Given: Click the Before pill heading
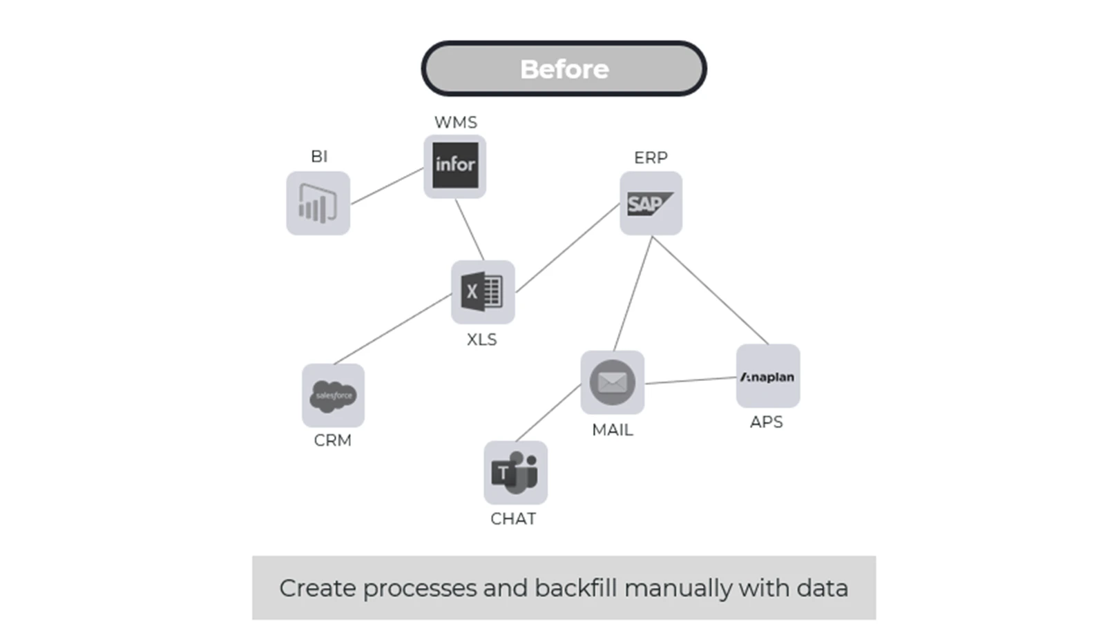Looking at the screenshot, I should click(564, 69).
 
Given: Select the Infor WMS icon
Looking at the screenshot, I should click(455, 166).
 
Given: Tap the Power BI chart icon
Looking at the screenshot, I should click(318, 203).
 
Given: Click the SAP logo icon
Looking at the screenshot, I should click(651, 204).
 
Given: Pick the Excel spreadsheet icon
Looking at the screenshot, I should click(482, 292).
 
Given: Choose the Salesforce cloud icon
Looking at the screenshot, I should click(333, 395).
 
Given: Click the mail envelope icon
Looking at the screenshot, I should click(612, 382).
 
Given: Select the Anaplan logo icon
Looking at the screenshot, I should click(767, 377).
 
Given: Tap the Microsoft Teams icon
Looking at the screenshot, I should click(515, 473).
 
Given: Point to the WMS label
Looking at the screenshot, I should click(455, 122).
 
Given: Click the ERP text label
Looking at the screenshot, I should click(651, 157).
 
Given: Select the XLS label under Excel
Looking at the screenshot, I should click(481, 340).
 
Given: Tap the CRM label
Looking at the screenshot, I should click(332, 440).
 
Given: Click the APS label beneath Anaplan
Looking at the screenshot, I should click(766, 422).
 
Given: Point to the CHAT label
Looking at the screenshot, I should click(513, 519).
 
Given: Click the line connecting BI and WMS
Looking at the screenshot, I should click(387, 186).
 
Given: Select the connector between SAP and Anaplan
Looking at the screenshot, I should click(710, 291).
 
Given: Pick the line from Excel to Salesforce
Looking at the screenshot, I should click(392, 329).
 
